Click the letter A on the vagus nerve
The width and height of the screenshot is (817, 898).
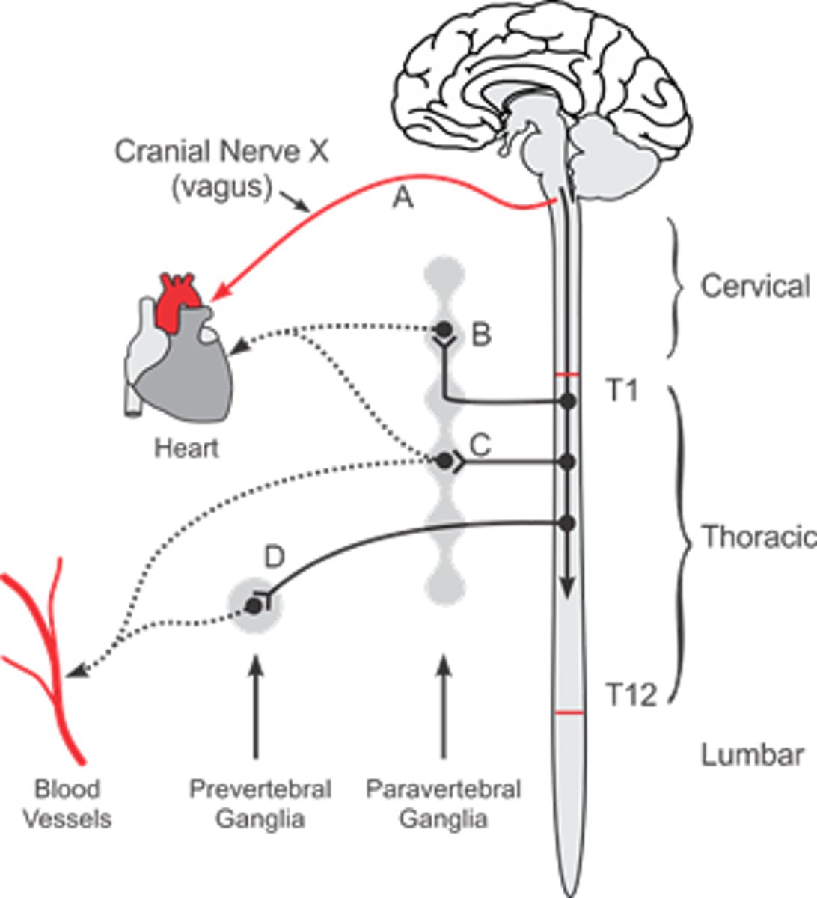pyautogui.click(x=403, y=198)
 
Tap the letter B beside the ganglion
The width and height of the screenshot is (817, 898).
pyautogui.click(x=481, y=335)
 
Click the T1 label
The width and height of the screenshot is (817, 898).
pyautogui.click(x=620, y=390)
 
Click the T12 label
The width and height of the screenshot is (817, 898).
pyautogui.click(x=630, y=696)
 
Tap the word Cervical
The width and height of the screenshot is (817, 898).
pyautogui.click(x=754, y=287)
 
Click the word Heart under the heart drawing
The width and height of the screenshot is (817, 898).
pyautogui.click(x=186, y=448)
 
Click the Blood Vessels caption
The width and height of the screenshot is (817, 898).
pyautogui.click(x=67, y=804)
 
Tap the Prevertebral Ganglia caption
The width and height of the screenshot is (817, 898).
pyautogui.click(x=260, y=804)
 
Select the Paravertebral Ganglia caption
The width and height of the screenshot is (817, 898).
pyautogui.click(x=444, y=804)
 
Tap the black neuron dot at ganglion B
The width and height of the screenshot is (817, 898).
pyautogui.click(x=444, y=329)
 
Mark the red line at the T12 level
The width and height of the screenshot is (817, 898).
pyautogui.click(x=570, y=713)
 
